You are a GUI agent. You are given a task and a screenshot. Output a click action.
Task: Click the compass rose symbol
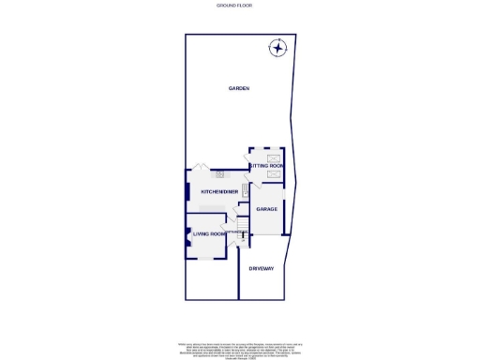[x=278, y=48]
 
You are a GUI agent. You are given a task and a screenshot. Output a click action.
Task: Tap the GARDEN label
[x=239, y=88]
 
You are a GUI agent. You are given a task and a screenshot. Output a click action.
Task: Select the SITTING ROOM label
[x=266, y=165]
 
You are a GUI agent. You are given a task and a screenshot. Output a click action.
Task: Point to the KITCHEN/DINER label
[x=217, y=192]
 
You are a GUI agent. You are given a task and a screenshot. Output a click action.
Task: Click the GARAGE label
[x=266, y=209]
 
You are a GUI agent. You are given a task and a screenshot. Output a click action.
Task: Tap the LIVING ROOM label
[x=209, y=233]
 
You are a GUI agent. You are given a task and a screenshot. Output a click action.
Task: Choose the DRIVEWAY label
[x=262, y=269]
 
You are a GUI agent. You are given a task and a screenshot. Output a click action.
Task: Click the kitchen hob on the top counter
[x=220, y=172]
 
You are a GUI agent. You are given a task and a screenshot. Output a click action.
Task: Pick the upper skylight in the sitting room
[x=274, y=158]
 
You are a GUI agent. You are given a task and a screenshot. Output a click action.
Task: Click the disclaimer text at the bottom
[x=239, y=349]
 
